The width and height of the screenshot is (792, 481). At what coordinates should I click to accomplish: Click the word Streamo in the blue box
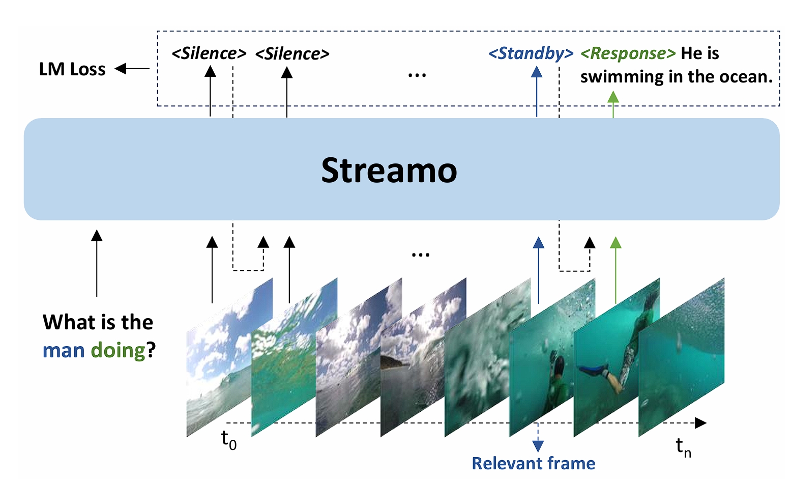389,171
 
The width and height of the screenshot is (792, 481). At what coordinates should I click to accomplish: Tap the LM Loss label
72,69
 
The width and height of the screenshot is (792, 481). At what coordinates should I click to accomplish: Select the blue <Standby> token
531,53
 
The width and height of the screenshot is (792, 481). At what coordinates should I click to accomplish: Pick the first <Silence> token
209,53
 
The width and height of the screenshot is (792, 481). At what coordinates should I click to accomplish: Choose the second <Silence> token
292,53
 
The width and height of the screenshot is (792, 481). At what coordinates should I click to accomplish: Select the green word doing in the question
118,351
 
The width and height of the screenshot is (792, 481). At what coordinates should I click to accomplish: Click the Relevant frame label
533,464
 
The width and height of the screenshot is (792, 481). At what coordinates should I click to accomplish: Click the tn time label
683,447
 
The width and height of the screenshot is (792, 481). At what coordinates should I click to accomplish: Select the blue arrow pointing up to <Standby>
537,92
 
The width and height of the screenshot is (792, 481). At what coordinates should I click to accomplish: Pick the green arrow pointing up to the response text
613,104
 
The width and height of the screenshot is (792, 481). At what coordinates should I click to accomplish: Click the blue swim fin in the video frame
593,370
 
